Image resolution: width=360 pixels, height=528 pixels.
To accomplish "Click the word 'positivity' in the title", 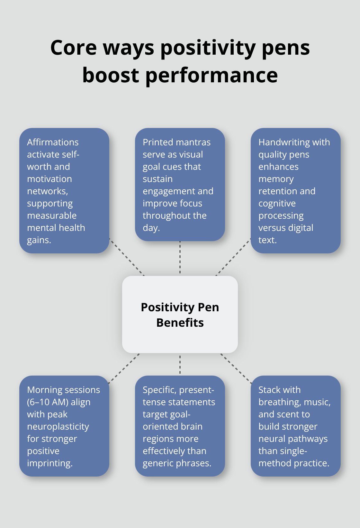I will pos(208,48).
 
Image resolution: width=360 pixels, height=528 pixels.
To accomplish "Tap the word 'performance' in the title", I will pos(212,76).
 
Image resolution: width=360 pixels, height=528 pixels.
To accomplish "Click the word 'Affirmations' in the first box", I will pos(53,142).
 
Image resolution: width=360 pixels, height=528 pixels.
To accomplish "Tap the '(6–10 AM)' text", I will pos(59,402).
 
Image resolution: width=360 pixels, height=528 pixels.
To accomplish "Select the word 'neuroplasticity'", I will pos(58,427).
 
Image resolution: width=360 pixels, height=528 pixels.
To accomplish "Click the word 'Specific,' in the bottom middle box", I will pos(159,390).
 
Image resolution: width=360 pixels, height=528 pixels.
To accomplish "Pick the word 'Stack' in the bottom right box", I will pos(269,390).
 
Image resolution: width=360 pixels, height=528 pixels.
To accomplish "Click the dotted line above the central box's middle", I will pos(180,257).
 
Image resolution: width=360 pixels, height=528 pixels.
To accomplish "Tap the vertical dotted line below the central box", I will pos(180,364).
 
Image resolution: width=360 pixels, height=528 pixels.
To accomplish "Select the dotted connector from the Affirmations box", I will pos(127,257).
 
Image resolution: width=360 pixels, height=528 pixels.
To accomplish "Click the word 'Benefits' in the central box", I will pos(180,323).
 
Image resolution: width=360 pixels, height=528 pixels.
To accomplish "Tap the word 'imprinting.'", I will pos(50,463).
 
